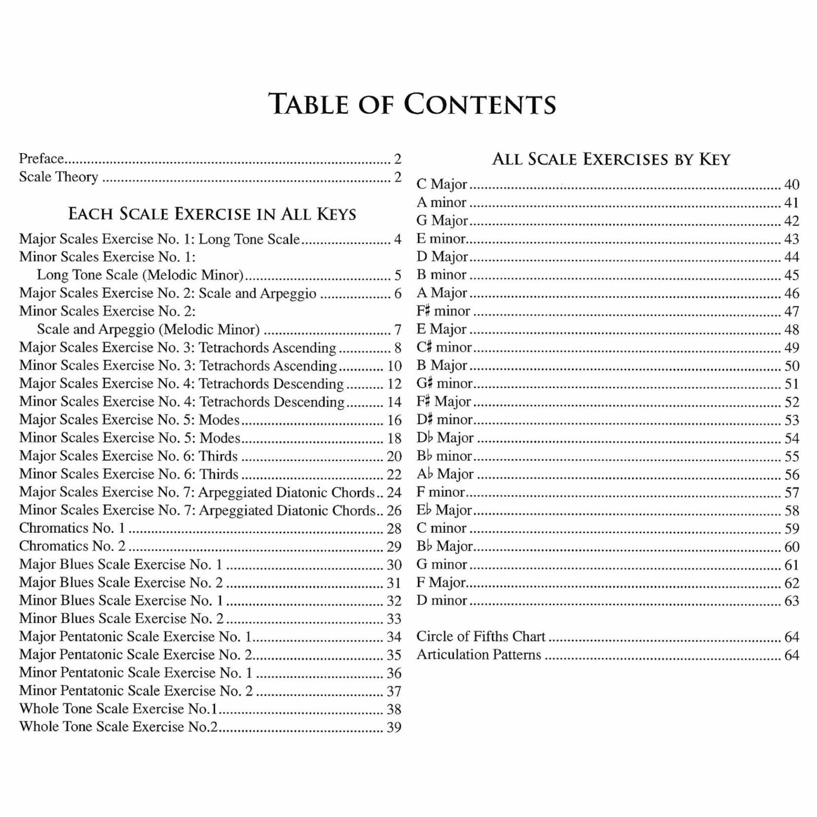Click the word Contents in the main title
point(480,104)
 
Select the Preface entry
point(41,159)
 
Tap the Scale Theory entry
point(58,177)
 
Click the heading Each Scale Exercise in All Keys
point(212,214)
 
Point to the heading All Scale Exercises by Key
point(611,159)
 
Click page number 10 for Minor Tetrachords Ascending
point(394,366)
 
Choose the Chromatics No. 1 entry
point(72,528)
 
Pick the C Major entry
point(442,184)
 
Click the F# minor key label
point(443,311)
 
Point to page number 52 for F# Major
point(792,402)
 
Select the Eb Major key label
point(444,510)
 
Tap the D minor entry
point(442,600)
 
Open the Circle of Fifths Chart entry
point(480,636)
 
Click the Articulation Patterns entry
point(479,654)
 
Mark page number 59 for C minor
point(792,528)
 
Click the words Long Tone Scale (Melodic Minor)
point(140,275)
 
